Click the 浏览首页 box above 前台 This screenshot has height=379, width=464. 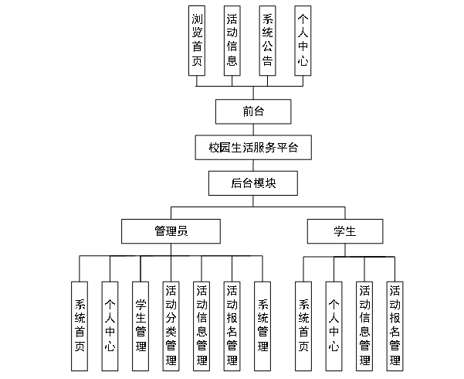click(197, 41)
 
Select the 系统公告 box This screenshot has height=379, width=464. click(268, 41)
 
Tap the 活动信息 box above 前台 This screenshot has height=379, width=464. click(232, 41)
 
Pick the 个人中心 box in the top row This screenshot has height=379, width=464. click(303, 41)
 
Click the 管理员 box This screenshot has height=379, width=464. click(171, 230)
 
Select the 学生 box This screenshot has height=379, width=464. click(344, 230)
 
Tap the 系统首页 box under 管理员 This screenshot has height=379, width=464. click(80, 326)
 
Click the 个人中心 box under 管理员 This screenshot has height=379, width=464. click(110, 326)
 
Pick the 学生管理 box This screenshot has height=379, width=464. click(141, 326)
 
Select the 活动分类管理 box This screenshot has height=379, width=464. click(171, 326)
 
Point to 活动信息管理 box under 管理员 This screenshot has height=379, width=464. click(202, 326)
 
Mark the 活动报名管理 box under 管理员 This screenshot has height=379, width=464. click(232, 326)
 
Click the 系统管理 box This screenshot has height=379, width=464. click(263, 326)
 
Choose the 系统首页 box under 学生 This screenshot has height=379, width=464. click(303, 326)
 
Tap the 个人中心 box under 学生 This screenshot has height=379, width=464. click(334, 326)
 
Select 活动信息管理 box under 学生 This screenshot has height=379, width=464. click(364, 326)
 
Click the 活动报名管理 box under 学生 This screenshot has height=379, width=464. click(395, 326)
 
